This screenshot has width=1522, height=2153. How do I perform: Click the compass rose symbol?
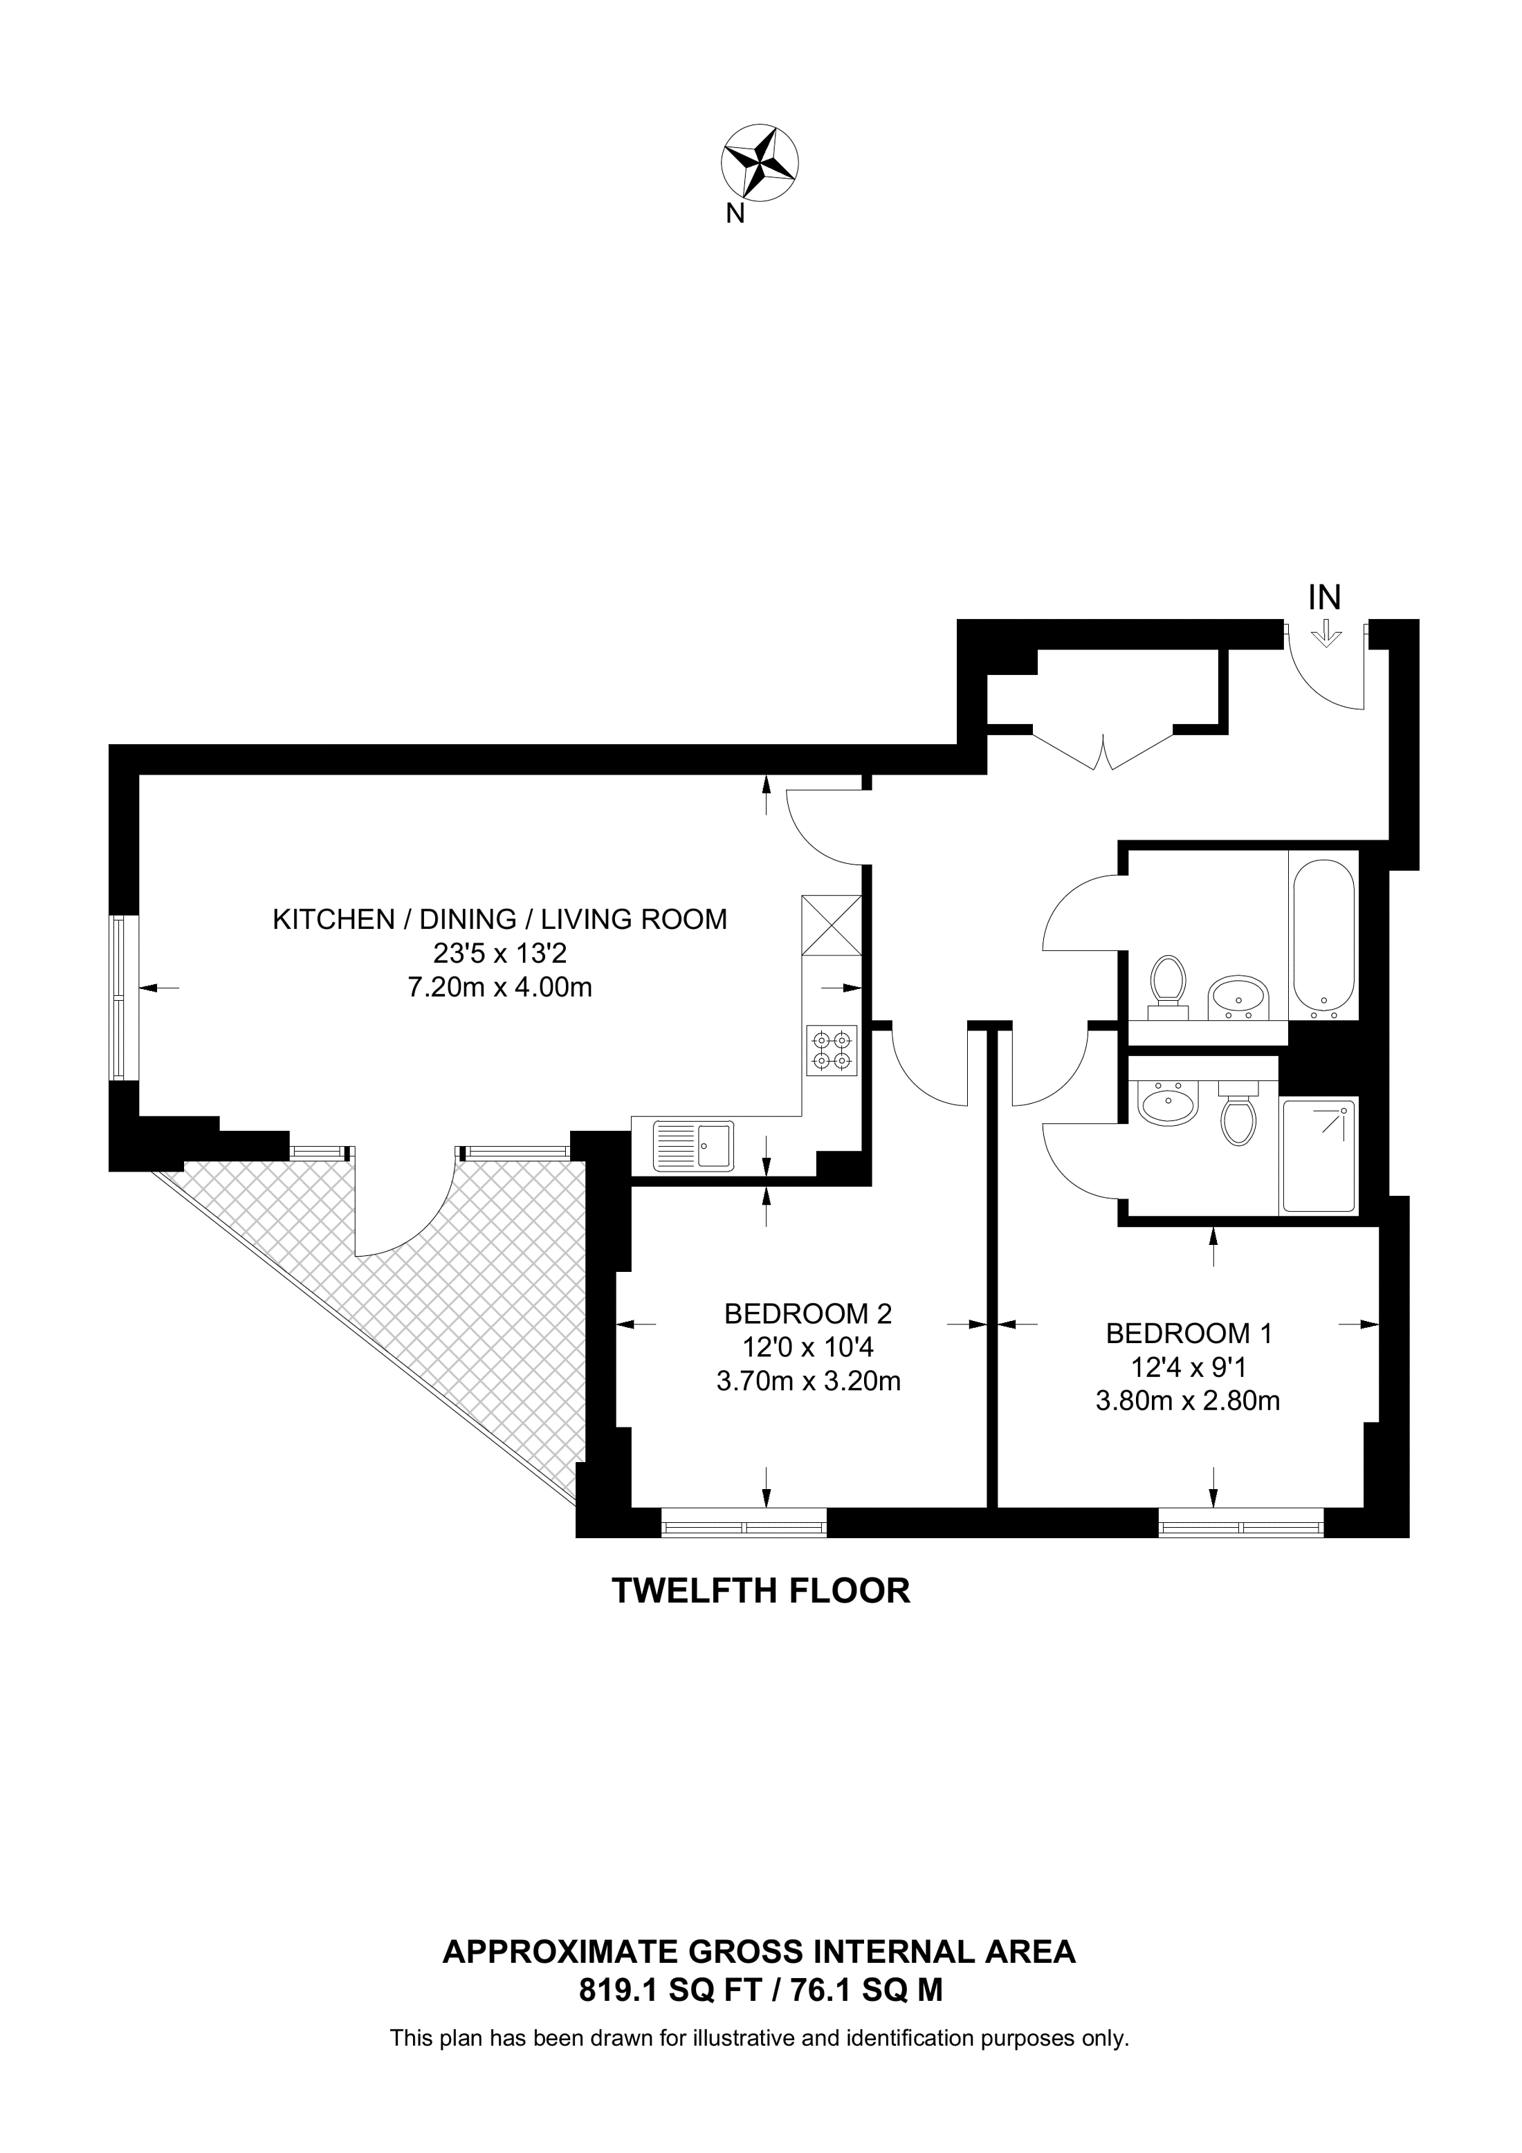[760, 163]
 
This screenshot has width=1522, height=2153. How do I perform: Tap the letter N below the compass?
[735, 214]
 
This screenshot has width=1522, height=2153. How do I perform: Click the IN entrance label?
[1324, 598]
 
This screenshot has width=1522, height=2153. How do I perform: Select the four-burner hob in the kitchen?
[832, 1051]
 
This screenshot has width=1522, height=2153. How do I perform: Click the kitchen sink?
[695, 1145]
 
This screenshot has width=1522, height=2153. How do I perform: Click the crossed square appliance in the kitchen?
[832, 925]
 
